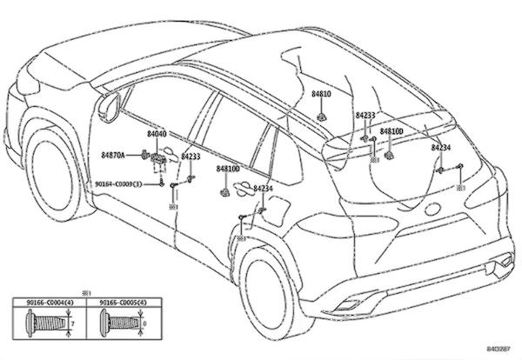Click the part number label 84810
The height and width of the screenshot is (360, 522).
click(322, 93)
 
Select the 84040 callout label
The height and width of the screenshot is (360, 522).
click(157, 135)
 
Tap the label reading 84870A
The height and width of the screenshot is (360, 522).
click(113, 155)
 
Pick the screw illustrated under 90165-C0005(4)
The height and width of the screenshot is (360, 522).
click(119, 324)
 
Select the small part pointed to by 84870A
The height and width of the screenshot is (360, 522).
click(144, 155)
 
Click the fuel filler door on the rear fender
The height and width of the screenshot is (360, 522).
click(276, 208)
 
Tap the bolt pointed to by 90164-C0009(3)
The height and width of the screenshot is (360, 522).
click(163, 183)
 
